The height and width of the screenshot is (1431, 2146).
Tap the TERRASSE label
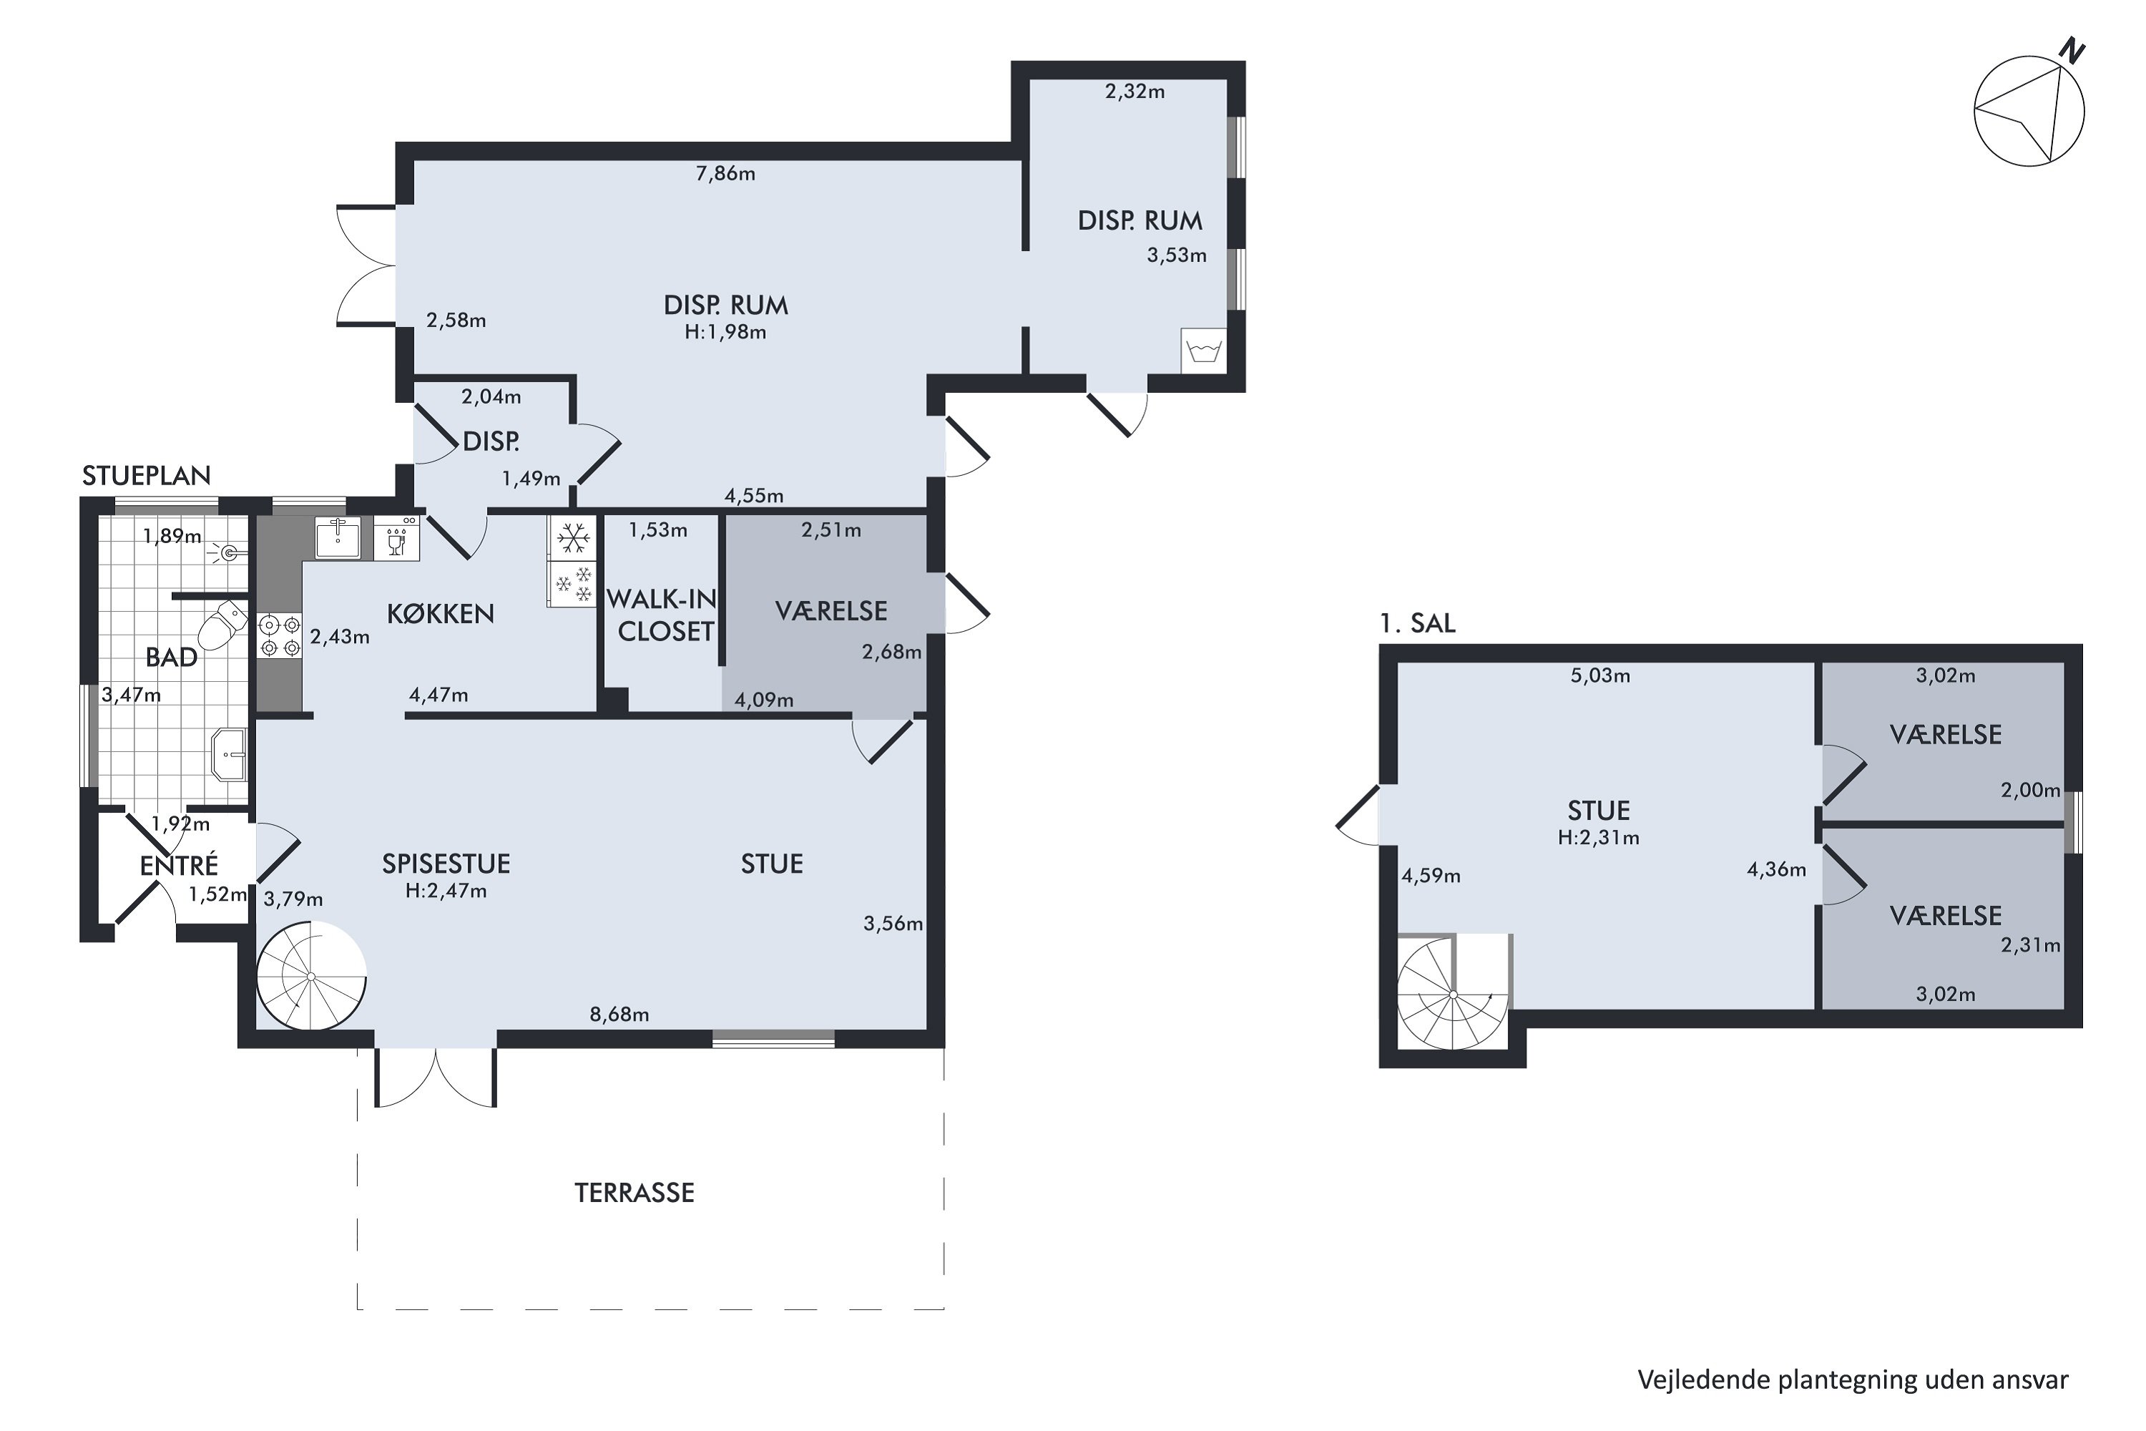pyautogui.click(x=634, y=1193)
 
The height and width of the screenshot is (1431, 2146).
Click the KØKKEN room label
pyautogui.click(x=441, y=613)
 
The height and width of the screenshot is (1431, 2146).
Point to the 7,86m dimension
pyautogui.click(x=725, y=173)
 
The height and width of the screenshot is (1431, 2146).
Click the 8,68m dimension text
pyautogui.click(x=619, y=1015)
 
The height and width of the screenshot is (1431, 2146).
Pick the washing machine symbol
pyautogui.click(x=1203, y=351)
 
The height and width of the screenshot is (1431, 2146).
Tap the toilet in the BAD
pyautogui.click(x=222, y=623)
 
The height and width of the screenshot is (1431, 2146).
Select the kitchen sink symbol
pyautogui.click(x=338, y=537)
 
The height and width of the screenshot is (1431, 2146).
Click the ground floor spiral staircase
pyautogui.click(x=311, y=976)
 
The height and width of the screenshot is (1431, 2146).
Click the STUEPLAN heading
pyautogui.click(x=146, y=476)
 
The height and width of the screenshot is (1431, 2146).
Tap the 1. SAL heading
pyautogui.click(x=1417, y=623)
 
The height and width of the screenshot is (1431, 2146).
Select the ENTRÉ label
pyautogui.click(x=179, y=865)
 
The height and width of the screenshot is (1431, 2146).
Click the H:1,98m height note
pyautogui.click(x=725, y=332)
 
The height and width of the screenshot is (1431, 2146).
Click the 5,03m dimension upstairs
pyautogui.click(x=1600, y=676)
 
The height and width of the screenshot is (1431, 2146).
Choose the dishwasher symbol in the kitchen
pyautogui.click(x=397, y=539)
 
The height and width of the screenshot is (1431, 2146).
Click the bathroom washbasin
pyautogui.click(x=230, y=755)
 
